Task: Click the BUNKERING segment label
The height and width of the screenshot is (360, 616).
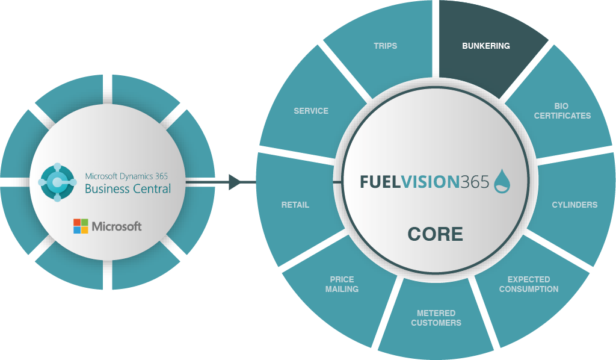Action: [485, 46]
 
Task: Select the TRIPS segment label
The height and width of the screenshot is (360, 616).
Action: [385, 46]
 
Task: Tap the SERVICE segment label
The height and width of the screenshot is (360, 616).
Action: [311, 111]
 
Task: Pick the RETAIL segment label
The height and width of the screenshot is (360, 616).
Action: [295, 205]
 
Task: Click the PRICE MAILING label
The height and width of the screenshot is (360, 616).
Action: [342, 284]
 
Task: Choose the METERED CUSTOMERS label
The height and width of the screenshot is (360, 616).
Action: [436, 318]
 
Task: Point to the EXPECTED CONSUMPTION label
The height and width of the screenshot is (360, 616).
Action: [528, 284]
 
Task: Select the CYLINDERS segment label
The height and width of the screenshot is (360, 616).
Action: [574, 205]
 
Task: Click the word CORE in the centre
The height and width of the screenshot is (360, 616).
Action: [435, 234]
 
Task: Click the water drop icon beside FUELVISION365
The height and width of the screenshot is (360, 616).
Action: [502, 181]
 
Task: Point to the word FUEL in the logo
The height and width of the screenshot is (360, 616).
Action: [380, 182]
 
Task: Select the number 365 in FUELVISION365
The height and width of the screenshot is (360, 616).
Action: [475, 182]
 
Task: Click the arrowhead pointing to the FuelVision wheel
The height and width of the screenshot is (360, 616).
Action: [235, 181]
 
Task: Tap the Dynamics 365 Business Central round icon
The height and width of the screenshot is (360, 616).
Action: [58, 181]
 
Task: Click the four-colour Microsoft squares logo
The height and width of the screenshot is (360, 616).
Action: [81, 226]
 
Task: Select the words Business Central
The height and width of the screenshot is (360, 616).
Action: [128, 189]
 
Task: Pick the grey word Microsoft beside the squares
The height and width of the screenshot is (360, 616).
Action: [117, 226]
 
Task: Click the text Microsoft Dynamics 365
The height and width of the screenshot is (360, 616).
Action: [126, 176]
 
